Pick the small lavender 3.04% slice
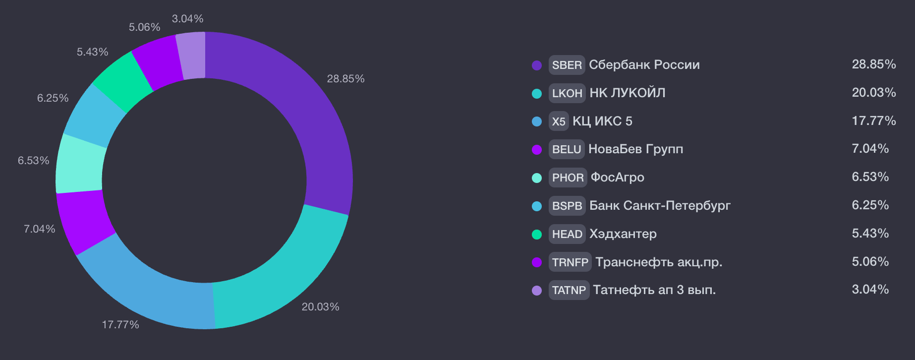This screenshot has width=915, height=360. click(192, 55)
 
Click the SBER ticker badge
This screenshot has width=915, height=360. click(567, 65)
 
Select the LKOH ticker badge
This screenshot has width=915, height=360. click(567, 93)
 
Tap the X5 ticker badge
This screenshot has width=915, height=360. click(559, 121)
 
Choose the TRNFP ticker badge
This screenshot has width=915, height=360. click(570, 262)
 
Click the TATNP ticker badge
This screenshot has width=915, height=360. click(569, 290)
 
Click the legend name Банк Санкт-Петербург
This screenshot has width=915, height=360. click(660, 205)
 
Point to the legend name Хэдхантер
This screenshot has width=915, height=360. click(623, 234)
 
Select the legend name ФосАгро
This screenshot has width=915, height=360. click(617, 177)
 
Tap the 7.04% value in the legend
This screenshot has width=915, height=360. click(870, 149)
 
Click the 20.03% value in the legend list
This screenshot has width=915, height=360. click(873, 93)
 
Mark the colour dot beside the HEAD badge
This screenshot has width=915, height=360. click(537, 235)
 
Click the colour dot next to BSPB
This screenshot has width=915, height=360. click(537, 206)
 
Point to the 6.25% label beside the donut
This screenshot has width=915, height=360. click(53, 98)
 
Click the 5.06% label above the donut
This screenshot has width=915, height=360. click(144, 27)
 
